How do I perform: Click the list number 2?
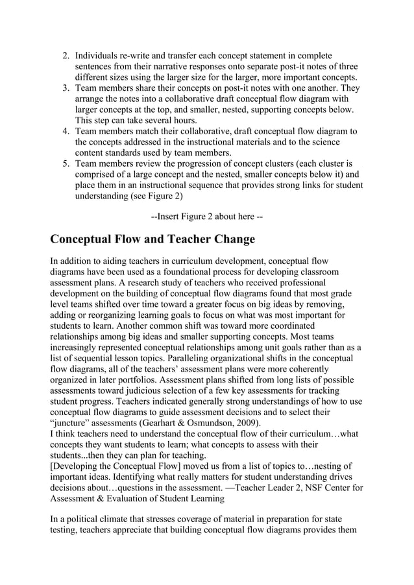coord(65,56)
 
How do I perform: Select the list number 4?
coord(65,130)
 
